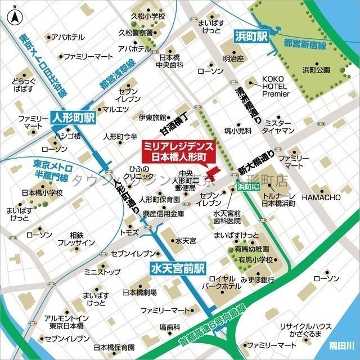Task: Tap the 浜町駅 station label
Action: [x=250, y=38]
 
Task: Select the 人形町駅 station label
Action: [x=73, y=118]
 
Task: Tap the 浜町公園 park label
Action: [x=317, y=70]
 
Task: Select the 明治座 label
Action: [x=232, y=58]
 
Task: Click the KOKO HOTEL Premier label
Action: [x=274, y=87]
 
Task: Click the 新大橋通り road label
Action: [x=256, y=161]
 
